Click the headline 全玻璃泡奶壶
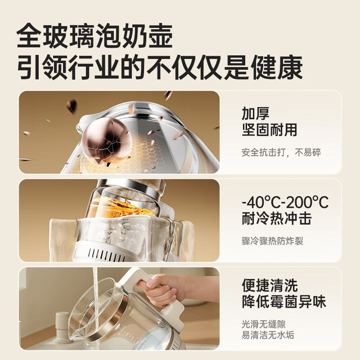point(94,36)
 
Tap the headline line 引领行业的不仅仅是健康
point(160,67)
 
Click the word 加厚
point(255,113)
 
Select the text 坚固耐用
point(269,130)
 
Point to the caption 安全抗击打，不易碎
point(281,152)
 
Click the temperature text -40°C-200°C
point(285,202)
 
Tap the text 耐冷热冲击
point(277,219)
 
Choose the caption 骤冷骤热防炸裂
point(272,241)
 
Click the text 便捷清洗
point(270,285)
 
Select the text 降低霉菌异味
point(284,301)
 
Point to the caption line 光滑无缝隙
point(264,324)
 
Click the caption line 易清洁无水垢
point(268,335)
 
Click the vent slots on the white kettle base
point(106,254)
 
